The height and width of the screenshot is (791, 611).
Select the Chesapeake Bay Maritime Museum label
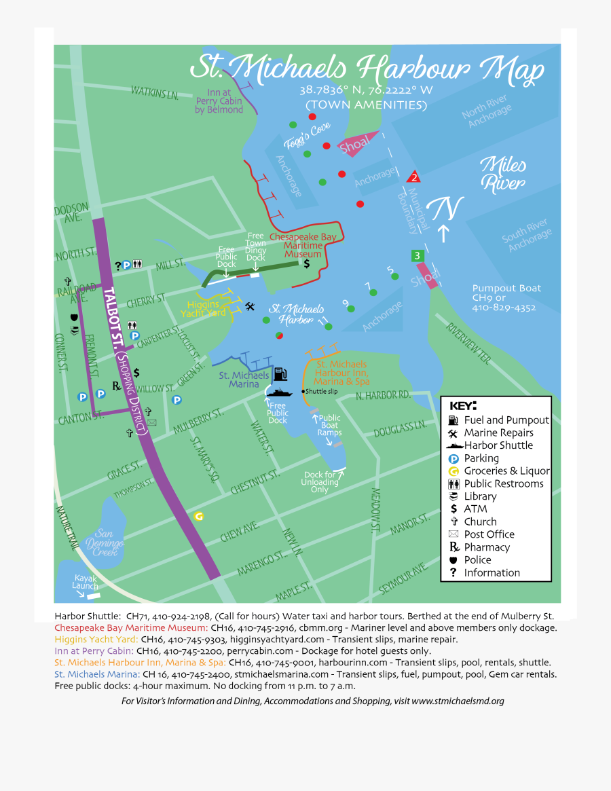coord(303,245)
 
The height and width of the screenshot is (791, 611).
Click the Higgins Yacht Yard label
coord(202,309)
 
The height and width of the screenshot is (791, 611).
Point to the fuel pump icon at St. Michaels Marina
coord(280,374)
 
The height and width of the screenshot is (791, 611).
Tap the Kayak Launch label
coord(85,582)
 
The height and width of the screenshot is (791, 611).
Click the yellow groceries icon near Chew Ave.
coord(199,516)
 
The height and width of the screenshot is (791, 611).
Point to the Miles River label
coord(502,174)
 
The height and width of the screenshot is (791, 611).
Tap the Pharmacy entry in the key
coord(486,547)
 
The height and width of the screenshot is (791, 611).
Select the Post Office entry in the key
coord(489,534)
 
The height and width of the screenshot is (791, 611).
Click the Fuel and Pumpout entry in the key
coord(506,420)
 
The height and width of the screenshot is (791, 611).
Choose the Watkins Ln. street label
coord(154,92)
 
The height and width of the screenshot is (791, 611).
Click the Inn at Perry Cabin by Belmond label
coord(219,101)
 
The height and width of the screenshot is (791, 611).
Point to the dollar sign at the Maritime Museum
coord(306,263)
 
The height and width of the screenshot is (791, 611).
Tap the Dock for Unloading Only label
coord(319,482)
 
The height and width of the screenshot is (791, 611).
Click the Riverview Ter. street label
coord(468,342)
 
